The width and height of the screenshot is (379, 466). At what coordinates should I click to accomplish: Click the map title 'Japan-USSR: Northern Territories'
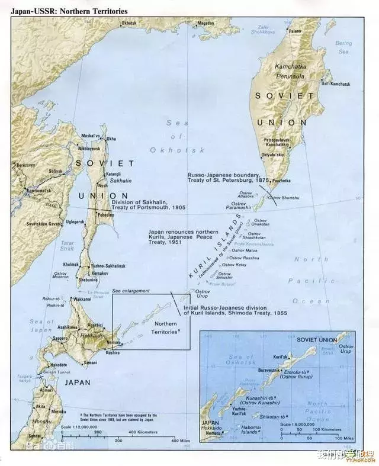click(62, 8)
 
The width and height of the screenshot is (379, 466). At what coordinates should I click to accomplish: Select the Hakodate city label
click(59, 365)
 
